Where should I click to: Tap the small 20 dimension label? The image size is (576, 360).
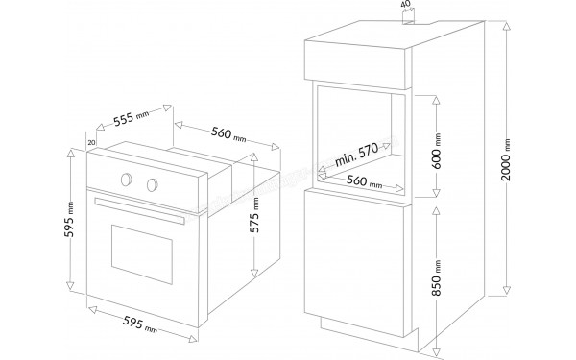[90, 143]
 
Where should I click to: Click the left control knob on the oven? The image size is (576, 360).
[125, 178]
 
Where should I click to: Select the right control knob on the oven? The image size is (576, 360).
[151, 183]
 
